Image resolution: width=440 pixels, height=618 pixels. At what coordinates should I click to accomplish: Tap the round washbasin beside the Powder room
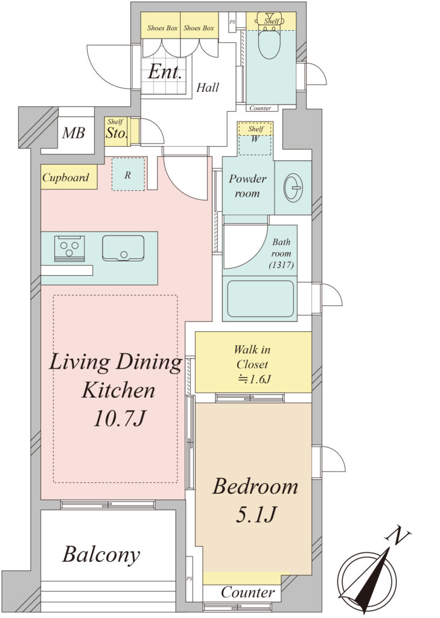(293, 188)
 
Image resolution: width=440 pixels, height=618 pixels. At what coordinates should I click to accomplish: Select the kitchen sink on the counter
(123, 248)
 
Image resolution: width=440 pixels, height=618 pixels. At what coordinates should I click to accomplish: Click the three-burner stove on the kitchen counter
(69, 248)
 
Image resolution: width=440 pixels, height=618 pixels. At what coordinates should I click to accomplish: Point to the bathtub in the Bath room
(260, 298)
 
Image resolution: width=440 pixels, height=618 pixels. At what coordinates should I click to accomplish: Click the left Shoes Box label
(162, 28)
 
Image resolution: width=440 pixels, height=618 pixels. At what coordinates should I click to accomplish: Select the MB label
(74, 133)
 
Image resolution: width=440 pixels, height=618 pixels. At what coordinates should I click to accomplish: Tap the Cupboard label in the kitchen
(65, 178)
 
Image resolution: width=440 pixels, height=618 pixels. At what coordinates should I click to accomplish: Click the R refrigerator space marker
(127, 175)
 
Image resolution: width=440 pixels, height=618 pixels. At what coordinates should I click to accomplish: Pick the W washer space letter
(255, 139)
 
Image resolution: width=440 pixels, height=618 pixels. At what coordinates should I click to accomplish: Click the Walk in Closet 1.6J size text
(254, 379)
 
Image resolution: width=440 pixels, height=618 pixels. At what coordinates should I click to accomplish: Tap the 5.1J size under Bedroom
(257, 514)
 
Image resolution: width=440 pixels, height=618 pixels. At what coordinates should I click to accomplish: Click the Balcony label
(101, 555)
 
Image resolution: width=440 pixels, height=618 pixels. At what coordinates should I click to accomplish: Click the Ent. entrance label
(165, 72)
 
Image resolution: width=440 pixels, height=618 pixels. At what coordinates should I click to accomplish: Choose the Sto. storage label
(116, 133)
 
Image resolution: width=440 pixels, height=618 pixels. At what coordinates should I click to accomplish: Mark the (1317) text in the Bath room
(281, 265)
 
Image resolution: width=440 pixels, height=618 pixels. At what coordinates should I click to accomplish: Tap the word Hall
(208, 87)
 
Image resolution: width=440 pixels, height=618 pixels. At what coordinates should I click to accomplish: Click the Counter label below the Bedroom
(247, 592)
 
